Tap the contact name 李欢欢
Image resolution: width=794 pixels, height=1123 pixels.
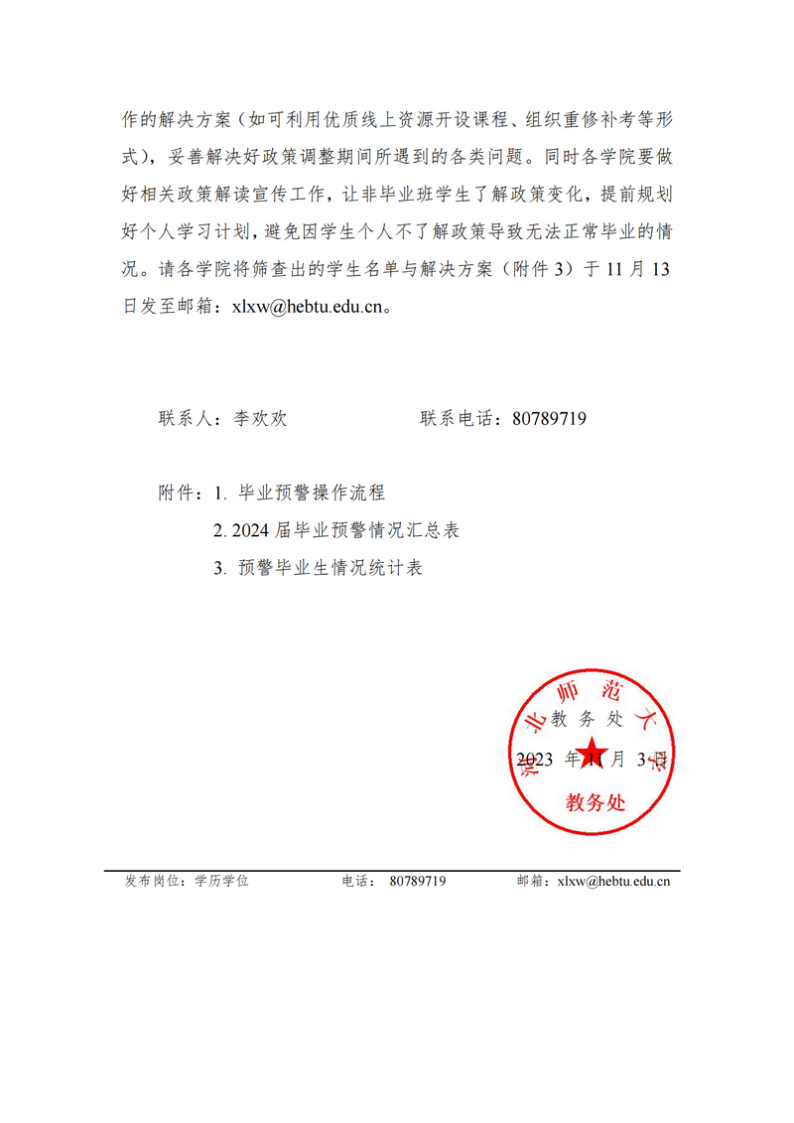pyautogui.click(x=260, y=419)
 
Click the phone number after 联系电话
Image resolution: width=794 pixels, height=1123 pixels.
pyautogui.click(x=549, y=419)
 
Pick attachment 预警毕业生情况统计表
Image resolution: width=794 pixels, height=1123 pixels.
pyautogui.click(x=331, y=569)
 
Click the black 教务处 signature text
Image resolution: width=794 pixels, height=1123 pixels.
pyautogui.click(x=588, y=720)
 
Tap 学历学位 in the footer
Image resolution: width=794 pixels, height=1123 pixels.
pyautogui.click(x=221, y=881)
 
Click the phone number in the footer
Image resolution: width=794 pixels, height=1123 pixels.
pyautogui.click(x=418, y=881)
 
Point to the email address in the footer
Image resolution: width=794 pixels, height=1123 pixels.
pyautogui.click(x=613, y=881)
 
